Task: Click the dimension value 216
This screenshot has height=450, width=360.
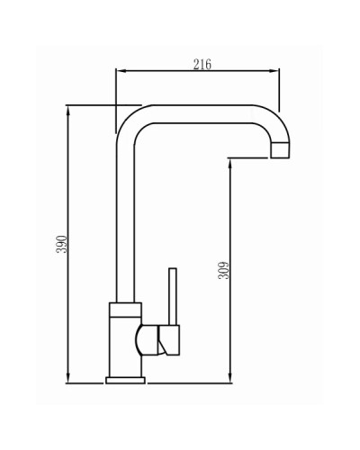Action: click(x=202, y=63)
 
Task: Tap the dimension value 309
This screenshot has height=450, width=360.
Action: click(x=224, y=269)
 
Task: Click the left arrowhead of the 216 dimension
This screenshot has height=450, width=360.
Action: click(x=121, y=71)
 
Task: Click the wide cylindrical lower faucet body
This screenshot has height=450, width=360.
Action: click(x=124, y=346)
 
